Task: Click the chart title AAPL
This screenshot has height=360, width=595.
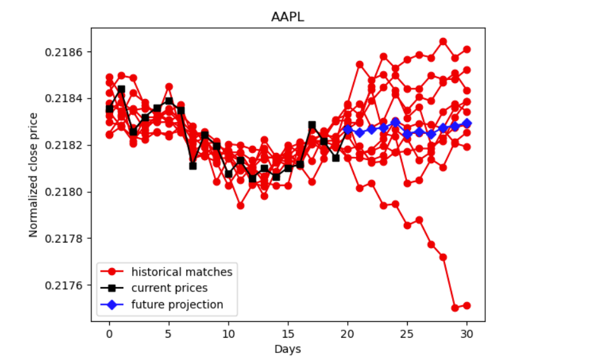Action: click(x=288, y=17)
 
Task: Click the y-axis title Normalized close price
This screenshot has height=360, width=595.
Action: click(x=33, y=175)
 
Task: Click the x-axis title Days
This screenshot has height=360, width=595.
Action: click(x=288, y=349)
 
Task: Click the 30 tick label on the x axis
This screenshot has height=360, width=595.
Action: click(x=467, y=333)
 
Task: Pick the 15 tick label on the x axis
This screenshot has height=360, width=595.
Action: click(x=288, y=333)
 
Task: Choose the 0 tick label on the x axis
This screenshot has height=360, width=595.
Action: click(x=109, y=333)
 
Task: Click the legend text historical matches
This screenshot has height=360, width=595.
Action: click(x=182, y=272)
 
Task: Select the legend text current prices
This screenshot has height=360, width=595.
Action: click(x=169, y=288)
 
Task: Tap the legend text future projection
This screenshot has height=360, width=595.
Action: click(x=177, y=305)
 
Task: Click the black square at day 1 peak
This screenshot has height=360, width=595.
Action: click(x=121, y=90)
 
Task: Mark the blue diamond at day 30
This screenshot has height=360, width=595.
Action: click(x=467, y=123)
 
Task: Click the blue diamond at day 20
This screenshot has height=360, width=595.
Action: click(x=347, y=129)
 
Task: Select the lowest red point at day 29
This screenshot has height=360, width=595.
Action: click(x=455, y=308)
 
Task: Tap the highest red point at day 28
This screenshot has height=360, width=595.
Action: click(x=443, y=41)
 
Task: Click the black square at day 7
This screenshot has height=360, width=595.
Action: click(x=192, y=166)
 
